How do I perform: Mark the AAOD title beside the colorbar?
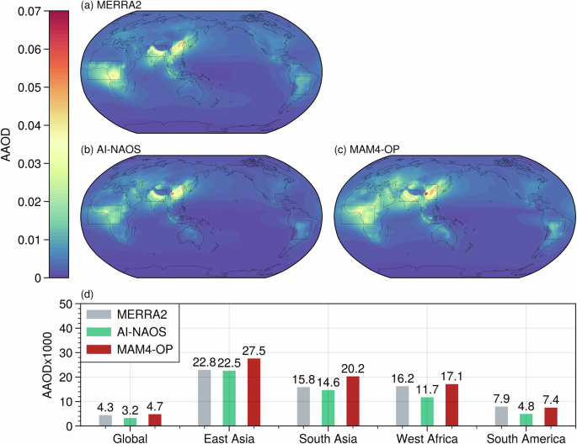pyautogui.click(x=8, y=143)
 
